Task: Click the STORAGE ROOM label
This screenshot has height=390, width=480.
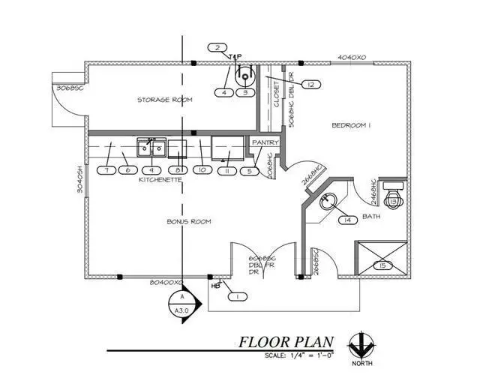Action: coord(164,100)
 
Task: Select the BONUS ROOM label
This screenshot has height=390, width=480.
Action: coord(188,221)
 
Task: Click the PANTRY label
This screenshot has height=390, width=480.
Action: coord(265,142)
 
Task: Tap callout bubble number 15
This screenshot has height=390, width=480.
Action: coord(382,265)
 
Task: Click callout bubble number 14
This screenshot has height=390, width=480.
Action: coord(347,220)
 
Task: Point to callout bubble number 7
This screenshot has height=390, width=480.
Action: coord(108,170)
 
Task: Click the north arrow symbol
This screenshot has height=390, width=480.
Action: coord(361,346)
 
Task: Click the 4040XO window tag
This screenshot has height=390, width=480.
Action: coord(352,57)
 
